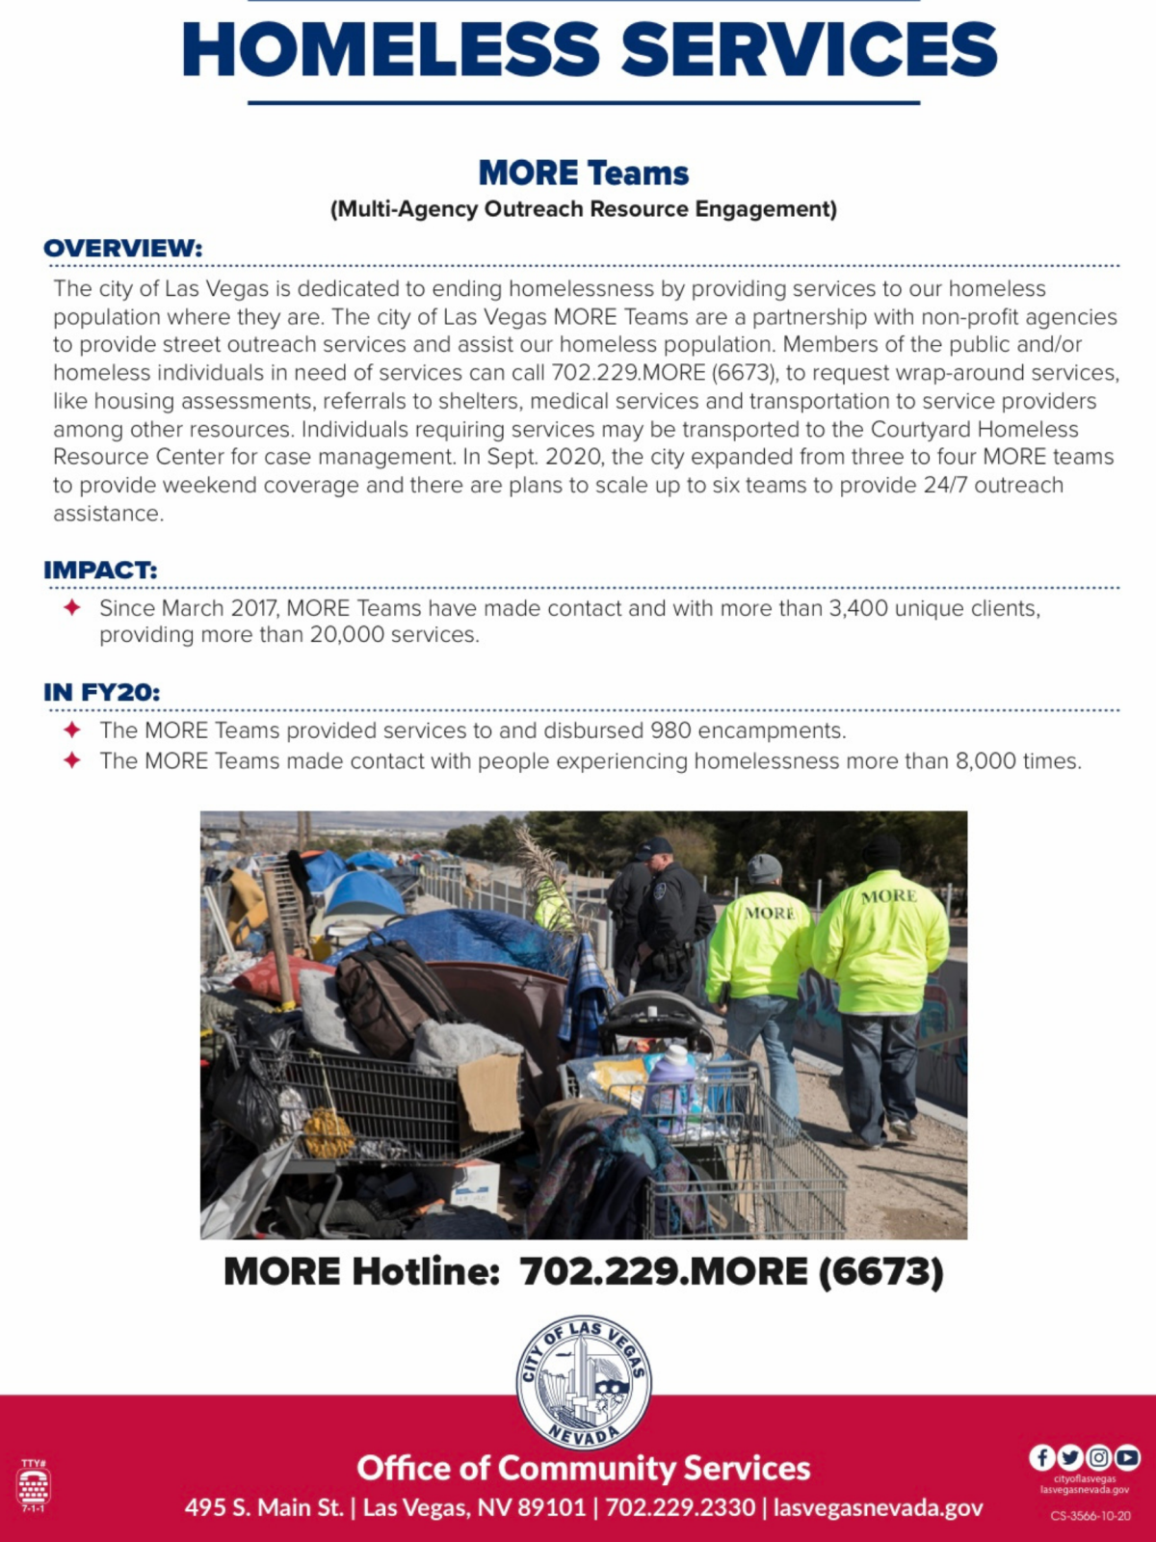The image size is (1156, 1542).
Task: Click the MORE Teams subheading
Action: pos(584,173)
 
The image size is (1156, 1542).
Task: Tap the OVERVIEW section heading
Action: pos(123,249)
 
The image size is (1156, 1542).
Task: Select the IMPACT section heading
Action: pos(100,571)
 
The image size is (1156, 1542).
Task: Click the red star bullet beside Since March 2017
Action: pos(72,608)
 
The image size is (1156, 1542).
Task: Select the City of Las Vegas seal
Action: pos(584,1383)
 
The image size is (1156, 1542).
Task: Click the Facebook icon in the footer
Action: pos(1041,1457)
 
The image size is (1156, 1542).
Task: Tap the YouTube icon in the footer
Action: pos(1127,1457)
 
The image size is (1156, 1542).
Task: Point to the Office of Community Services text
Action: pos(584,1468)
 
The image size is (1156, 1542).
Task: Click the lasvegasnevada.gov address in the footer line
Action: pos(878,1508)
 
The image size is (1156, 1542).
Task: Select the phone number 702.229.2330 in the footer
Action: pos(680,1508)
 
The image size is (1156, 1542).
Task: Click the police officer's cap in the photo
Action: pos(655,846)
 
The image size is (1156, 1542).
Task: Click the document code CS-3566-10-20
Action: pos(1090,1516)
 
